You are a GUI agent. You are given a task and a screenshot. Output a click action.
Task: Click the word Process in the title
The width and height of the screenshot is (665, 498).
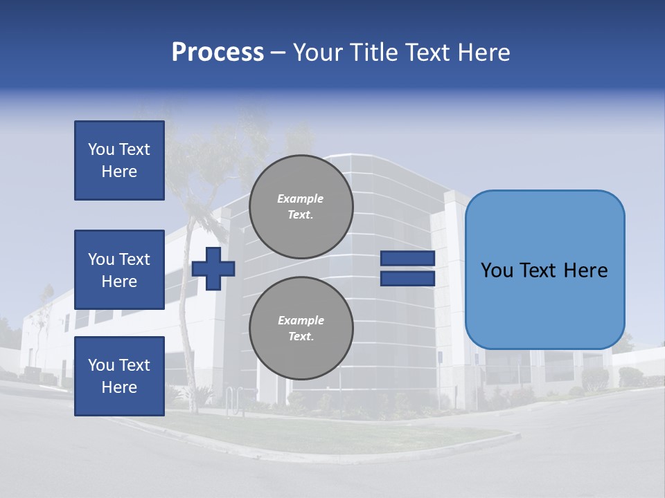pos(218,53)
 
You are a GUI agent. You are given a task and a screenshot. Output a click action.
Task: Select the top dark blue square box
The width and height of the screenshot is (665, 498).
pos(119,160)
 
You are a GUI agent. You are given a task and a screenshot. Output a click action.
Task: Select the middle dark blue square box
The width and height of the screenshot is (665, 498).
pos(119,270)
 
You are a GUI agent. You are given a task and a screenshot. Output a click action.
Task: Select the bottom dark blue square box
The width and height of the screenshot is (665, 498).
pos(119,376)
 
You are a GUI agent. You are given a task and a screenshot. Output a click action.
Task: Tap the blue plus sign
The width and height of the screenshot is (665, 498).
pos(213,268)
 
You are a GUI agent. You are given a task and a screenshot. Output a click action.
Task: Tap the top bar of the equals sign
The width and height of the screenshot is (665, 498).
pos(407,259)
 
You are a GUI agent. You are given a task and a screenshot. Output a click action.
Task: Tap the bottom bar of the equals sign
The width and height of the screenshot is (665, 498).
pos(407,278)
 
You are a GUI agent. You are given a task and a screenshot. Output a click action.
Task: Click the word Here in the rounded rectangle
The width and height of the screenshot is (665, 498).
pos(585,270)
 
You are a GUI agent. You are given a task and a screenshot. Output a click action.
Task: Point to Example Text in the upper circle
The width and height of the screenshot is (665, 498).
pos(301,207)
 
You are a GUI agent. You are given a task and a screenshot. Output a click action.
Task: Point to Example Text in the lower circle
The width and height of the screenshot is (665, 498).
pos(301,329)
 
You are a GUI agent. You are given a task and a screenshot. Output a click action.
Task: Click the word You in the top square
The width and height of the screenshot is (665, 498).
pos(101,149)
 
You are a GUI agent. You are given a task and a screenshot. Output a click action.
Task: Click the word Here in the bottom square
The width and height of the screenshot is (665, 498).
pos(119,387)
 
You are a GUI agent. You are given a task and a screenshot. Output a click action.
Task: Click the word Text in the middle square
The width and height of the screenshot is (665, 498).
pos(134,259)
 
